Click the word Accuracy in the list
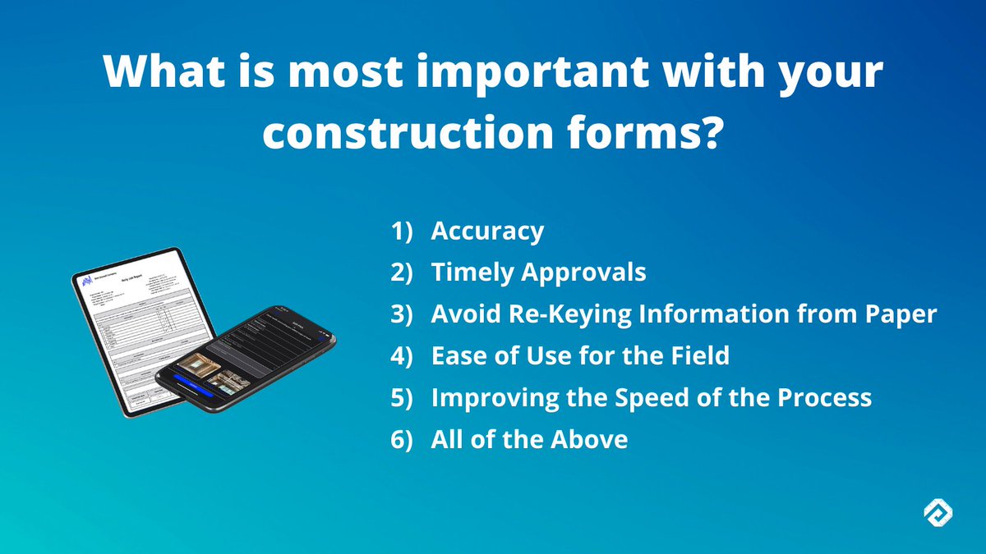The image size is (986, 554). point(487,231)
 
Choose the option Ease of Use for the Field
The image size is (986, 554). point(580,356)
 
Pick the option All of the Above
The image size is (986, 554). point(529,439)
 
